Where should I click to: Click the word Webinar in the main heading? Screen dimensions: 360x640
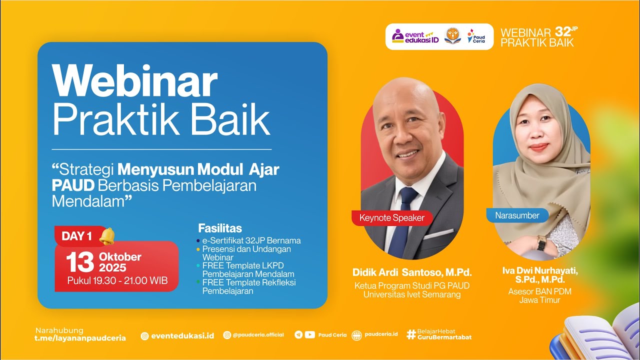click(135, 82)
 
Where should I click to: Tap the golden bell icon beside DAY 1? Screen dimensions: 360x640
click(106, 236)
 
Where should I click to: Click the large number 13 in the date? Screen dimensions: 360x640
click(80, 262)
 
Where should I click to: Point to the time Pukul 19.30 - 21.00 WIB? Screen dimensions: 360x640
click(117, 281)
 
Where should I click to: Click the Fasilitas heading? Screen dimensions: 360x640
click(220, 228)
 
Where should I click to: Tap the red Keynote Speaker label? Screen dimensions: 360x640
click(391, 217)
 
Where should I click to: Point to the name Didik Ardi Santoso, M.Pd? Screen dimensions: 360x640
click(412, 273)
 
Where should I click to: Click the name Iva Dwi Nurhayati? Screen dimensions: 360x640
click(540, 270)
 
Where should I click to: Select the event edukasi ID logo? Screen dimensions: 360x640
click(415, 36)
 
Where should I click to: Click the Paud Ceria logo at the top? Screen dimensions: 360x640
click(475, 36)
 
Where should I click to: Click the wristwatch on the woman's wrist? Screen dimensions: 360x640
click(541, 243)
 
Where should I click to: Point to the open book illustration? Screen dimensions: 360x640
click(600, 335)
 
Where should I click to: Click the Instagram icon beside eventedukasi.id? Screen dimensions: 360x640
click(144, 336)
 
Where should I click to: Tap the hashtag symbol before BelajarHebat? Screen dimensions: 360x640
click(411, 334)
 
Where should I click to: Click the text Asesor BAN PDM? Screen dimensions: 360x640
click(539, 291)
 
